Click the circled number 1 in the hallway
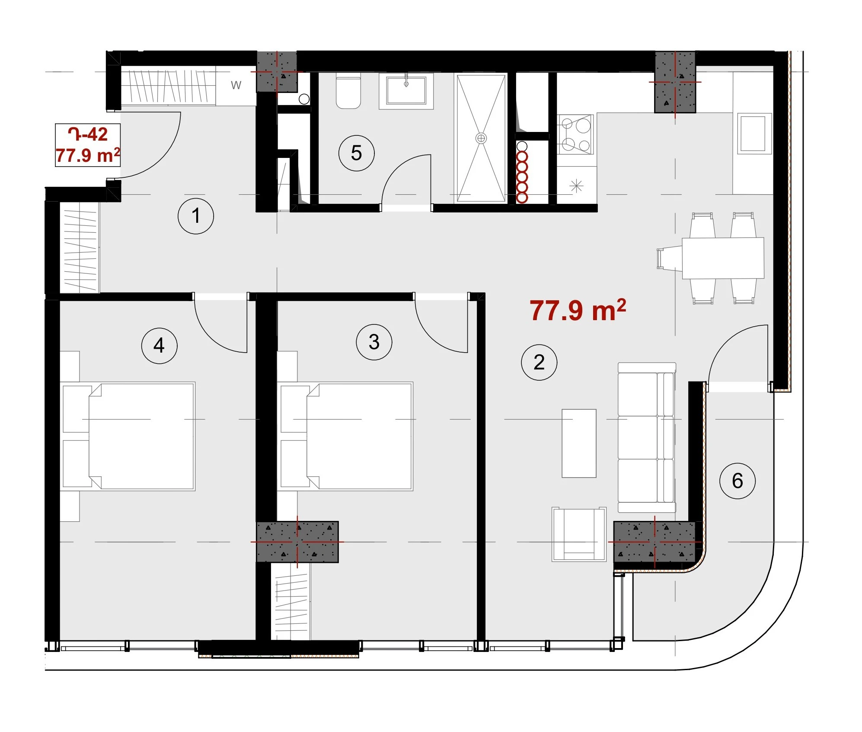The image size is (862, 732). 196,216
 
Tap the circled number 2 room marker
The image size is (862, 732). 539,363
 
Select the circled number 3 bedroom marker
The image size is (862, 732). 374,342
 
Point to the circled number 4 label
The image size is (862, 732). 160,346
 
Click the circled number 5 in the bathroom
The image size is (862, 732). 357,153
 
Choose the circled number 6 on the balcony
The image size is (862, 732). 737,481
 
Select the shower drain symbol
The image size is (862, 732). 481,138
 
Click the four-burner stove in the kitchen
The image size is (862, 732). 575,134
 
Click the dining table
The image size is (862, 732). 723,258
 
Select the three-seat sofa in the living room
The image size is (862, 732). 647,437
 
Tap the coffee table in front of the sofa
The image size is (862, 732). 579,443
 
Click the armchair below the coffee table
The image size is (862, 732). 579,534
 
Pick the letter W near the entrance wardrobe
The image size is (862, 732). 236,85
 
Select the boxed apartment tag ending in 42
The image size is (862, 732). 88,145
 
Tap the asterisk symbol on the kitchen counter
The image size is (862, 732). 577,186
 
